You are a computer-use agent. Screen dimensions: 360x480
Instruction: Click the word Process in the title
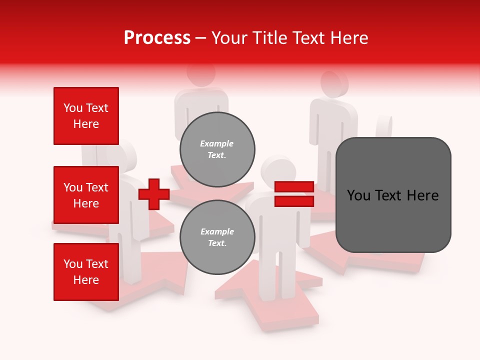coord(157,38)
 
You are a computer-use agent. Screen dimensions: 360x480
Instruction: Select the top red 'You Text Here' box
coord(86,116)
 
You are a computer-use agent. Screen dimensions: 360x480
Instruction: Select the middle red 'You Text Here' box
coord(86,195)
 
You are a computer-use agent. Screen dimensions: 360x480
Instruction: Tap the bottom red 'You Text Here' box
coord(86,272)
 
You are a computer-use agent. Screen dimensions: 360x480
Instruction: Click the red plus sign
coord(154,194)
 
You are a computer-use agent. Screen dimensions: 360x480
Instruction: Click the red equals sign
coord(294,194)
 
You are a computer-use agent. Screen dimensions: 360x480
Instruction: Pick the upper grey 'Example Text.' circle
coord(217,149)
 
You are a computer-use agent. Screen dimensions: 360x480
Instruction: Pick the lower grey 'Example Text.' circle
coord(217,237)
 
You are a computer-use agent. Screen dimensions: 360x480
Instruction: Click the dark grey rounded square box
coord(393,195)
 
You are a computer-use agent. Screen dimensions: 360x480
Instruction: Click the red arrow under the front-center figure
coord(300,310)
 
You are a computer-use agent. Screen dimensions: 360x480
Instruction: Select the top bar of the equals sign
coord(294,187)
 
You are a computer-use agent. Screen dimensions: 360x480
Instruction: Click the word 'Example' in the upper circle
coord(217,143)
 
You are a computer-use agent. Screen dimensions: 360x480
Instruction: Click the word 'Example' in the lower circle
coord(217,231)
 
